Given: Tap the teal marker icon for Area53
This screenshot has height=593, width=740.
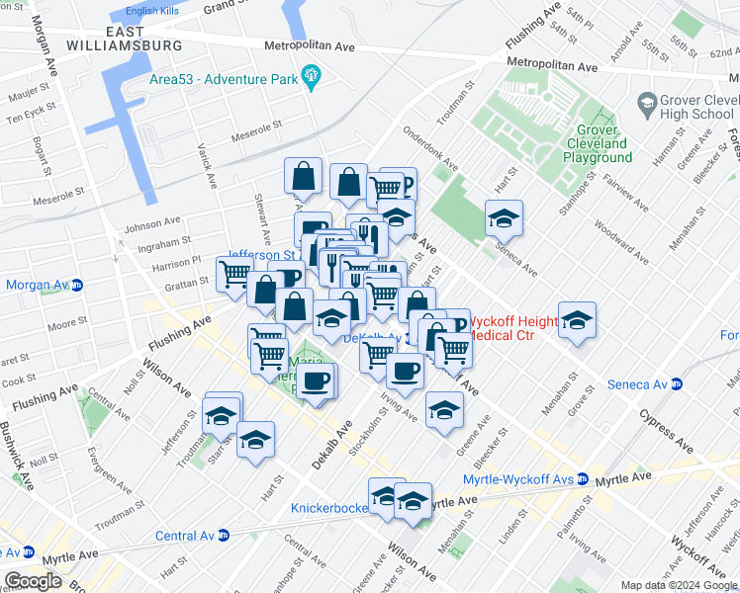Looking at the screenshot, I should [x=312, y=75].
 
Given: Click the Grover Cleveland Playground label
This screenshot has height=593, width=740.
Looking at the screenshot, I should [x=599, y=144].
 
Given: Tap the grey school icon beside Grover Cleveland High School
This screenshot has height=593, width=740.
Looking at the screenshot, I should [x=648, y=102].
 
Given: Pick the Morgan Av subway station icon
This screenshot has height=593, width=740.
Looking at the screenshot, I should [x=77, y=286].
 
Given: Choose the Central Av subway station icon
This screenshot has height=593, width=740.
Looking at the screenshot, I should [x=224, y=537].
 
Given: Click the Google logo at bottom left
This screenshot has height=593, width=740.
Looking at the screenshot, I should [x=33, y=581].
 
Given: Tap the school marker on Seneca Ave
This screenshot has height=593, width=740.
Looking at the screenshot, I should [x=504, y=218].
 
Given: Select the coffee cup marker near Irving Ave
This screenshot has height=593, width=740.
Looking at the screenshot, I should [x=404, y=370].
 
